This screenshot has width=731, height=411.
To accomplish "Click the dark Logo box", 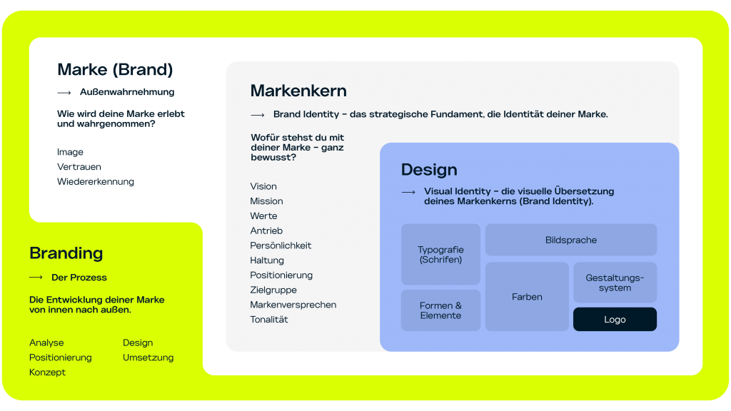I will coord(615,320).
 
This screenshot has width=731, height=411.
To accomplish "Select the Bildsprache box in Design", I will coord(571,240).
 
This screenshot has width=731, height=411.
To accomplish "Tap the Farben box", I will coord(527,297).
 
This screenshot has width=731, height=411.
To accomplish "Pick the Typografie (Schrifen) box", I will coord(440,255).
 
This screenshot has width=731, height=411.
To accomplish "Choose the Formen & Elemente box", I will coord(440,310).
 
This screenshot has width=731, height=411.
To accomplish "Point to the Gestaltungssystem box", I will coord(615,283).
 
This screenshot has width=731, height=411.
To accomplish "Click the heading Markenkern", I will coord(298,91).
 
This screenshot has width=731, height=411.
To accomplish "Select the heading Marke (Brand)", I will coord(115,70).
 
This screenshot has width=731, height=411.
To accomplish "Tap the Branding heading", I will coord(66,253).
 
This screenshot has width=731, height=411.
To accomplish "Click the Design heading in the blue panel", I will coord(429,170).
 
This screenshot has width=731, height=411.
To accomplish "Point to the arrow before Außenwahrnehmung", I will coord(64,93).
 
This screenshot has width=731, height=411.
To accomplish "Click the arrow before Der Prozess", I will coord(36,278).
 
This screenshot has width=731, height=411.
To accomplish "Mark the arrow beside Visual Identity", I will coord(408,192).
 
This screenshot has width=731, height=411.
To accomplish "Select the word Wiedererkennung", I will coord(96,182).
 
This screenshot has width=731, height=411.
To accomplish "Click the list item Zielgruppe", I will coord(273,290).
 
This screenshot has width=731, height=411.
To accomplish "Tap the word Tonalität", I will coord(269,320).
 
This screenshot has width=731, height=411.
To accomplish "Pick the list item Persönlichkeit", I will coord(281,245).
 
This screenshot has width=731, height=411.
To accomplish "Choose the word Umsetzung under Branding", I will coord(148,357).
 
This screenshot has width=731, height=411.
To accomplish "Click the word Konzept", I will coord(47,372).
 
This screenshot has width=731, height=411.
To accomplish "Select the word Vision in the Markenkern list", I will coord(263,186).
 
